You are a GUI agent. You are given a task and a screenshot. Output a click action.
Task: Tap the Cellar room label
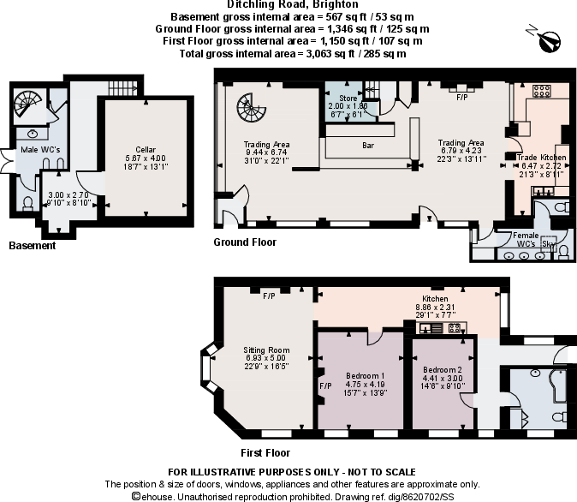click(x=145, y=149)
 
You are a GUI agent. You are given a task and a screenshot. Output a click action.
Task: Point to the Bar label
click(x=368, y=146)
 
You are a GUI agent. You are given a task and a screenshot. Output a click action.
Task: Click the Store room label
click(x=348, y=99)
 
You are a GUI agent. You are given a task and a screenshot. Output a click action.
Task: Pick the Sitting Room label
click(x=267, y=350)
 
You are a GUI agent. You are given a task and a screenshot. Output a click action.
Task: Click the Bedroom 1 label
click(x=365, y=376)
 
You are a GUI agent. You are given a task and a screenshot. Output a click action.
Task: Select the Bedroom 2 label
click(x=442, y=370)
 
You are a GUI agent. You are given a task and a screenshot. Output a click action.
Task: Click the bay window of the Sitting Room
click(x=206, y=366)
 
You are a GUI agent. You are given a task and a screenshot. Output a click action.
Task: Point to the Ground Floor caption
click(x=245, y=242)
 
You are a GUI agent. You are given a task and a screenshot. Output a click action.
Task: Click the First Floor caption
click(x=266, y=452)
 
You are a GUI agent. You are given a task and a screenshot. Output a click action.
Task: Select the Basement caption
click(x=32, y=246)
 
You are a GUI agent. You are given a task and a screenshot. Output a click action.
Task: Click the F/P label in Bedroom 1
click(x=325, y=386)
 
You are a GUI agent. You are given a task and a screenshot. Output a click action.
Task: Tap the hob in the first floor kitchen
click(x=455, y=326)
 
